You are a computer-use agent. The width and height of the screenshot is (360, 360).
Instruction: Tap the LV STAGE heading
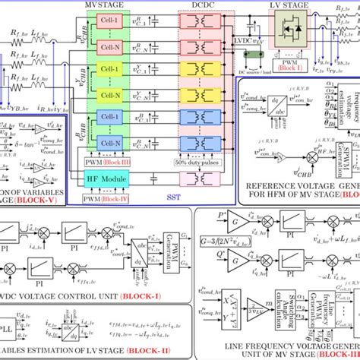click(x=291, y=6)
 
